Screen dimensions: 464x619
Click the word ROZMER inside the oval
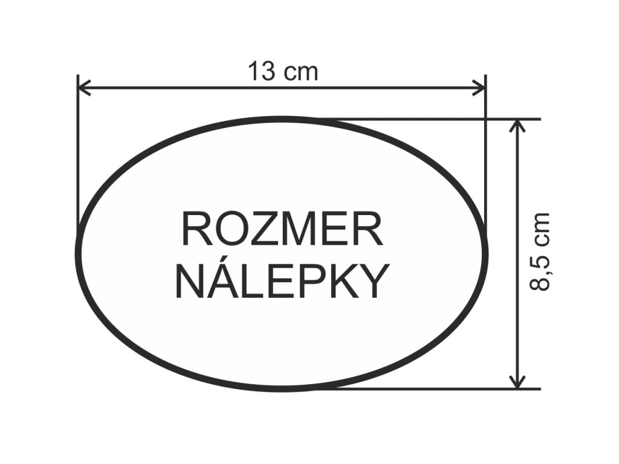point(282,229)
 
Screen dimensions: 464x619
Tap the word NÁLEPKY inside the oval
point(281,281)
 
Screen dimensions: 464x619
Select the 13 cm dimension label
point(282,72)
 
